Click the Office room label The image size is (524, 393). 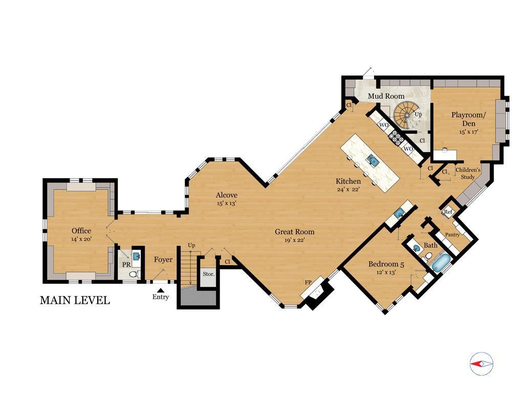pos(81,231)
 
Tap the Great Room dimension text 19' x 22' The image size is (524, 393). pos(294,239)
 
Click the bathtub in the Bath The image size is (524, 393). pos(441,263)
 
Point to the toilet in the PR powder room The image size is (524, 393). pos(134,274)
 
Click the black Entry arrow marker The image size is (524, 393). pos(161,290)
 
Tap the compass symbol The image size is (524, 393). pos(481,364)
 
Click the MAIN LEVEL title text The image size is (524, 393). pos(75,300)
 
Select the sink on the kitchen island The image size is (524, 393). pos(372,160)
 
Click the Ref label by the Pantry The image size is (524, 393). pos(448,212)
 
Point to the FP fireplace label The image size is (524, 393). pos(308,282)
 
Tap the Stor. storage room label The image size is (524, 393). pos(209,274)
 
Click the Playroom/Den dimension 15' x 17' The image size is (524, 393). pos(469,132)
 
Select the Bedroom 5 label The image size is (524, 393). pos(386,265)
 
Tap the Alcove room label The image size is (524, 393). pos(227,195)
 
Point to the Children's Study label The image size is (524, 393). pos(468,173)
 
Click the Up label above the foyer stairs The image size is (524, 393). pos(191,245)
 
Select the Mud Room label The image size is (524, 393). pos(386,96)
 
